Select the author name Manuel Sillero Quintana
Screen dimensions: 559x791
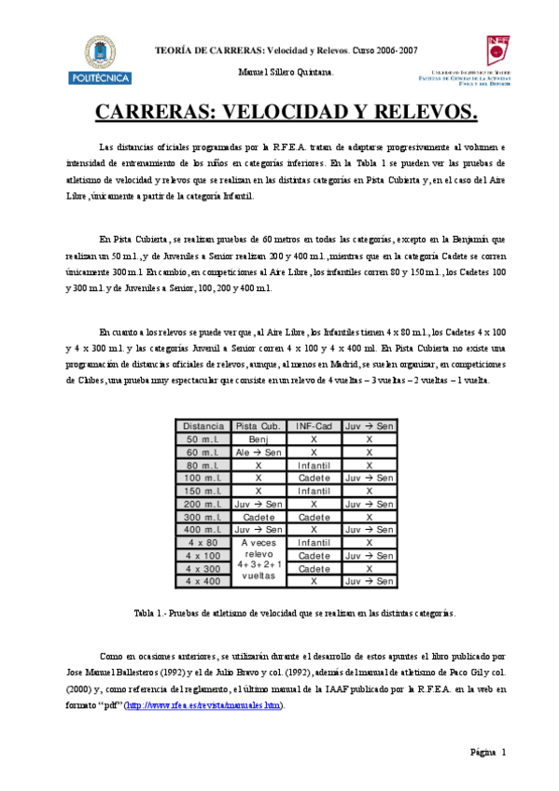[280, 72]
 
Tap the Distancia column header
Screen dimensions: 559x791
[203, 426]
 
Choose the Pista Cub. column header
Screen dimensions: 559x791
[259, 426]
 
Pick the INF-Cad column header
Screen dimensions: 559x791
[314, 426]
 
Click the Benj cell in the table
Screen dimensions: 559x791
[259, 439]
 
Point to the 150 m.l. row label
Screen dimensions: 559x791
[203, 491]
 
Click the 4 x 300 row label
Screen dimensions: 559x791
[203, 568]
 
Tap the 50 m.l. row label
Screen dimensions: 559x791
[203, 439]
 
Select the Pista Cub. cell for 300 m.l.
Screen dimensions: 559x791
[259, 517]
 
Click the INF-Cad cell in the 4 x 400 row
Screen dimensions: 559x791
[314, 581]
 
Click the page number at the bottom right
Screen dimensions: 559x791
[488, 753]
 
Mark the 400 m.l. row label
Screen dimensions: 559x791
[203, 529]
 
